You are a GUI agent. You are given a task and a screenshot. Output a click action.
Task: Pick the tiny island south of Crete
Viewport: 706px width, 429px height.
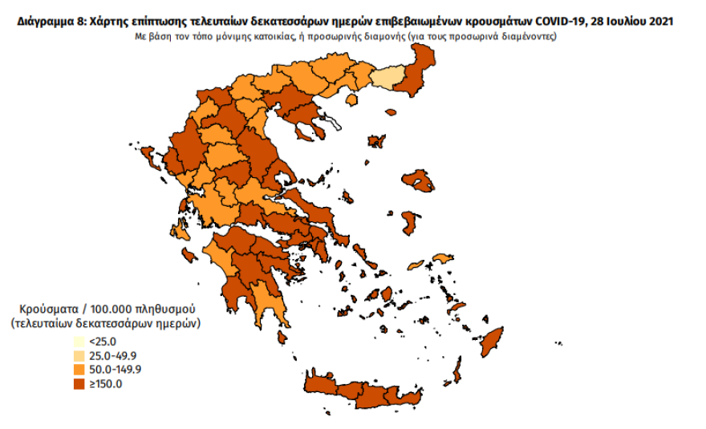tap(327, 413)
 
